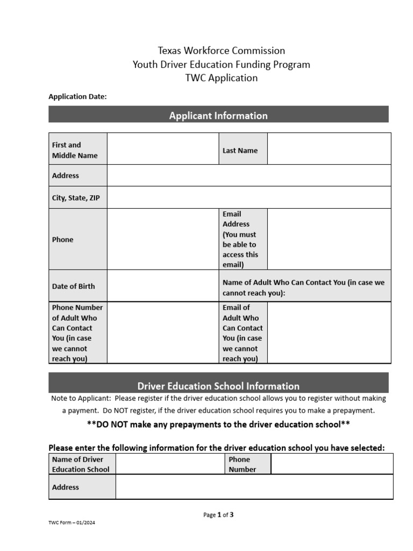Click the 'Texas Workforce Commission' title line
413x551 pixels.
(x=221, y=51)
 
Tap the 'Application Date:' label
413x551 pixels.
(x=77, y=97)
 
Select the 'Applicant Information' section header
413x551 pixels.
(x=218, y=116)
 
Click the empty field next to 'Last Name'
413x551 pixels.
(x=329, y=149)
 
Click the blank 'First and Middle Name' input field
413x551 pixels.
(x=162, y=149)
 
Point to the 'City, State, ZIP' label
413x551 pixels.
(x=76, y=198)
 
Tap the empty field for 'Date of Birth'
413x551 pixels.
(x=162, y=286)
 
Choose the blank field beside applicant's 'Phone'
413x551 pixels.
(x=162, y=239)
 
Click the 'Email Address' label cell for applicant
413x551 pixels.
(x=243, y=239)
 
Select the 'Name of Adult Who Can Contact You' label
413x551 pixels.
(x=304, y=287)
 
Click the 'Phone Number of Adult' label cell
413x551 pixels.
(x=77, y=333)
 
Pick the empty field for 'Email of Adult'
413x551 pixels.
(x=329, y=333)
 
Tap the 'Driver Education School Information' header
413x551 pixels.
(x=218, y=386)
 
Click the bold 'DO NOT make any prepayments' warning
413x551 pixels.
(x=218, y=424)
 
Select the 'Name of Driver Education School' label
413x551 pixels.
(x=81, y=464)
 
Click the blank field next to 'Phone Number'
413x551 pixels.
(x=332, y=464)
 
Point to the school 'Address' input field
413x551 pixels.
(x=254, y=487)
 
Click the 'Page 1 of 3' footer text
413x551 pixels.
(x=218, y=515)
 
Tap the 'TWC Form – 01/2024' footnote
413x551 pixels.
(x=72, y=522)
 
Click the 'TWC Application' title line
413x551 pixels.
(x=221, y=78)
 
